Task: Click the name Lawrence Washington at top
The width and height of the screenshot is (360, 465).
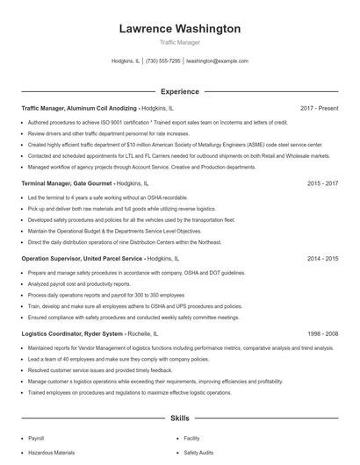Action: [179, 29]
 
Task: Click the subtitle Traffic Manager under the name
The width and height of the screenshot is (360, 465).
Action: [179, 42]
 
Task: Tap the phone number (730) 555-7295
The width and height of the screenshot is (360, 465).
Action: [163, 61]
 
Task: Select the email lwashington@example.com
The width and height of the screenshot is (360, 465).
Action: [217, 61]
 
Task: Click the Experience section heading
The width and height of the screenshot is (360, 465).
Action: [179, 91]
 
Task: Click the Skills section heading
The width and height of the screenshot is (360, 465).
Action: [179, 419]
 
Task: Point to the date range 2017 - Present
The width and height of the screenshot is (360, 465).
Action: [319, 108]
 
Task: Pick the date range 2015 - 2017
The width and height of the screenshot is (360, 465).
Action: [323, 184]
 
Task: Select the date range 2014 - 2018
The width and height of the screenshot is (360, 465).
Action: [323, 260]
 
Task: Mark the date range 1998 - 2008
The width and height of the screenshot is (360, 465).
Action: [323, 334]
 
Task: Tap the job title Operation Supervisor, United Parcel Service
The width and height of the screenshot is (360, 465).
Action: [82, 260]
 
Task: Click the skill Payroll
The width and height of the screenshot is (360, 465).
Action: [36, 437]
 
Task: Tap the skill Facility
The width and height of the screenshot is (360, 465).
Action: [191, 437]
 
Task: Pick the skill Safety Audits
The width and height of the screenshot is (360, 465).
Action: [198, 452]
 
